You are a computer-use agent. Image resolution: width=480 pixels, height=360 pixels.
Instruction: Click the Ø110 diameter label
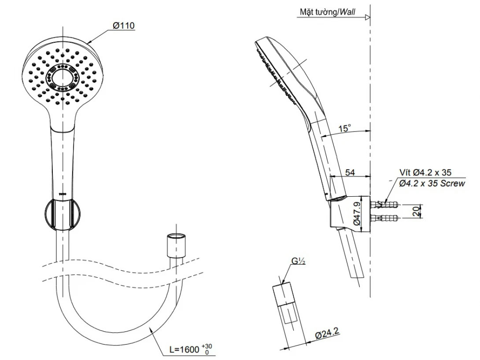[x=123, y=26]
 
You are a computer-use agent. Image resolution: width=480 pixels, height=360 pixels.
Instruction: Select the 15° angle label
[x=345, y=128]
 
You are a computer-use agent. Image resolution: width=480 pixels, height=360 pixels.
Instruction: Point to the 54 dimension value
[x=350, y=173]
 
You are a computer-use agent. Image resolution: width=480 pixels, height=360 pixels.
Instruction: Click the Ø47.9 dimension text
[x=357, y=214]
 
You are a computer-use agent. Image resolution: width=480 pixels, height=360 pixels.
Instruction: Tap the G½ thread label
[x=298, y=261]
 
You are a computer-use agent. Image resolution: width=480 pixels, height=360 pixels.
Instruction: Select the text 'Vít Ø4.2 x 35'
[x=425, y=173]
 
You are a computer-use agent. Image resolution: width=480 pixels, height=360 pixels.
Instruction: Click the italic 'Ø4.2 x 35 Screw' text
[x=432, y=183]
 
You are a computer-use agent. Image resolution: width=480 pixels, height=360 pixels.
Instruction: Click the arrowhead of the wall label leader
[x=369, y=18]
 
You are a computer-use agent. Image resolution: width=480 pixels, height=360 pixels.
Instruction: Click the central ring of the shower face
[x=63, y=78]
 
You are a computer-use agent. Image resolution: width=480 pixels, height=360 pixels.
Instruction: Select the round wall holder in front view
[x=63, y=214]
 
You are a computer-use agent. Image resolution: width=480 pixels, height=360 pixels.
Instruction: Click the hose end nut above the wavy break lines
[x=176, y=246]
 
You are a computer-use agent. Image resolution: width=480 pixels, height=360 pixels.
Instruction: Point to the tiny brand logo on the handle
[x=63, y=193]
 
